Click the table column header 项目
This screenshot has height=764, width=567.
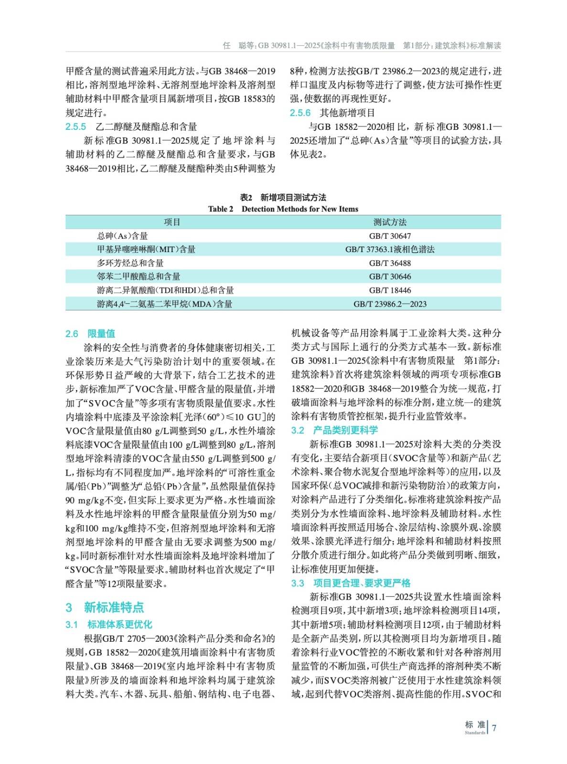point(172,222)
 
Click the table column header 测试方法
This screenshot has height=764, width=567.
point(390,222)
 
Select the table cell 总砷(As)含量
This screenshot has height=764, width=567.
point(123,236)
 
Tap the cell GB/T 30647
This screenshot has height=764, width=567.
point(390,236)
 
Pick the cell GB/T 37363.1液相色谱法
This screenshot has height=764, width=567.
point(390,249)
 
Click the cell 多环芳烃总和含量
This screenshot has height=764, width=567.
point(130,263)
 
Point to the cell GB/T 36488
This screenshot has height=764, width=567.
point(390,263)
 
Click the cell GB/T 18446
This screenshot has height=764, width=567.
point(390,290)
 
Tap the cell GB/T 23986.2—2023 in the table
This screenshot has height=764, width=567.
point(390,304)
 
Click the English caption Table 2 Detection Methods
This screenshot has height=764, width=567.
point(283,209)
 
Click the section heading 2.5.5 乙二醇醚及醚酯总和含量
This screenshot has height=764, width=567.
point(131,127)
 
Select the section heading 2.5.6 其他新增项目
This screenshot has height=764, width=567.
point(332,113)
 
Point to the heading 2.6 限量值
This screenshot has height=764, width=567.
point(90,333)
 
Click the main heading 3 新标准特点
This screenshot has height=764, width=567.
point(105,607)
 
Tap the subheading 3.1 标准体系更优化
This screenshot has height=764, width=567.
point(109,624)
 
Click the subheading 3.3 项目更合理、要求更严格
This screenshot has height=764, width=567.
point(351,583)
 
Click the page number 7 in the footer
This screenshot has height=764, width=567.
point(494,728)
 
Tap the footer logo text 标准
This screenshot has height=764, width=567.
point(475,725)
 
